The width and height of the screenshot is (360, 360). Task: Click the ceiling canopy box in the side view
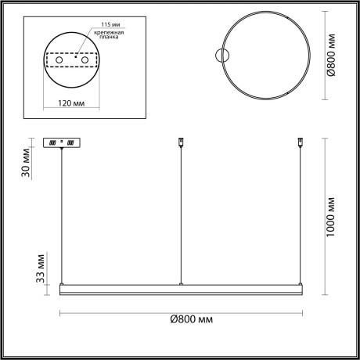pyautogui.click(x=62, y=143)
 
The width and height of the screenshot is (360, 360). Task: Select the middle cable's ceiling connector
pyautogui.click(x=181, y=142)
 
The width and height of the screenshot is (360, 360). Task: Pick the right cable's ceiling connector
pyautogui.click(x=299, y=142)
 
